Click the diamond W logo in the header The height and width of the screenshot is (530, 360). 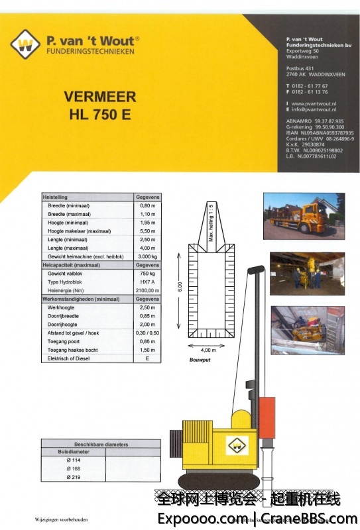click(25, 45)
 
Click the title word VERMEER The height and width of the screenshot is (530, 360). click(99, 96)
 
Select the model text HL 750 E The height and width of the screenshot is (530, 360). click(100, 114)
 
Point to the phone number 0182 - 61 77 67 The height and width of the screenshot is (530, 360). click(309, 86)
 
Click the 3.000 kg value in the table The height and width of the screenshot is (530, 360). click(147, 256)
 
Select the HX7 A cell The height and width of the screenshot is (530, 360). click(147, 281)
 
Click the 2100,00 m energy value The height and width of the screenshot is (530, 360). click(147, 290)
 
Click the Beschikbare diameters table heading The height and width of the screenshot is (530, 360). click(101, 445)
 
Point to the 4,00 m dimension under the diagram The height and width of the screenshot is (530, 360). click(208, 350)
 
